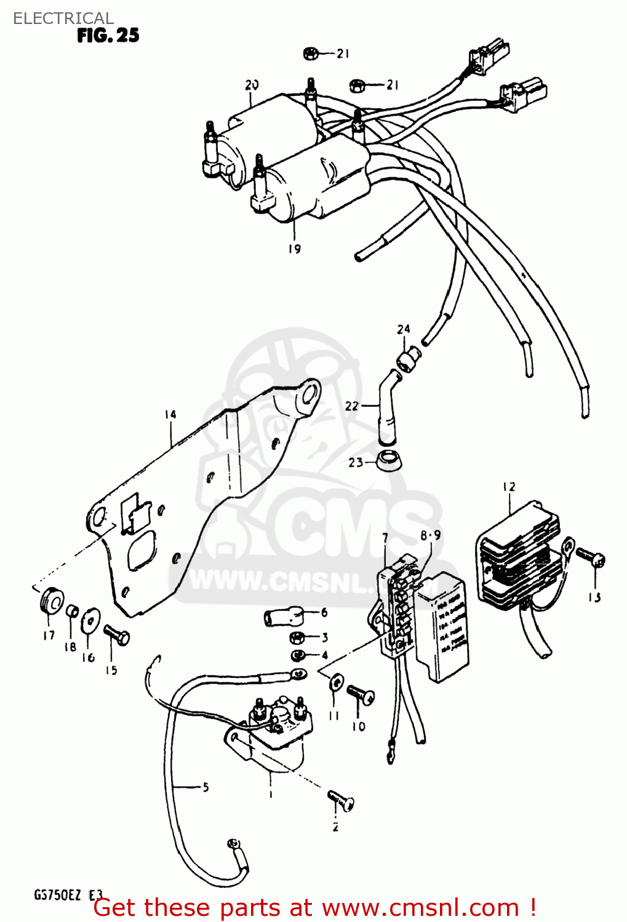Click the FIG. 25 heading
(108, 35)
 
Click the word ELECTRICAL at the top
(63, 18)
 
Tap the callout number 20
(252, 85)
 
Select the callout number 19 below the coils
(295, 248)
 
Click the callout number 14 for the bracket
(170, 414)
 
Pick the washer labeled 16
(90, 619)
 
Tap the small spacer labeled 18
(71, 610)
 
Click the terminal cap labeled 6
(284, 616)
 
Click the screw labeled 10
(361, 695)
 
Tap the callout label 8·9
(431, 535)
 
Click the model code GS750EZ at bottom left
(57, 895)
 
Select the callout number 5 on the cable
(206, 787)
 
